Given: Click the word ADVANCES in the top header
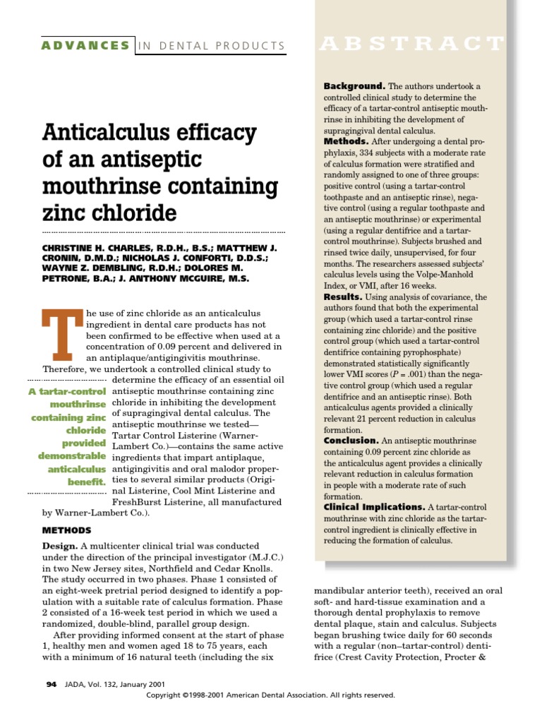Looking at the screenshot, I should tap(85, 46).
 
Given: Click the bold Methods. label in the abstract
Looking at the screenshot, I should tap(346, 142).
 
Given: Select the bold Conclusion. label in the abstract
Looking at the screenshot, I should tap(352, 441).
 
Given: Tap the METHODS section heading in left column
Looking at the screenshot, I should tap(66, 530).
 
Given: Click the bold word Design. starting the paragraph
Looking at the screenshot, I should tap(59, 546).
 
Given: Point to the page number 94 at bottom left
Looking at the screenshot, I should tap(51, 684).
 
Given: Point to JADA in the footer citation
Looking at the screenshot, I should tap(74, 684).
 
